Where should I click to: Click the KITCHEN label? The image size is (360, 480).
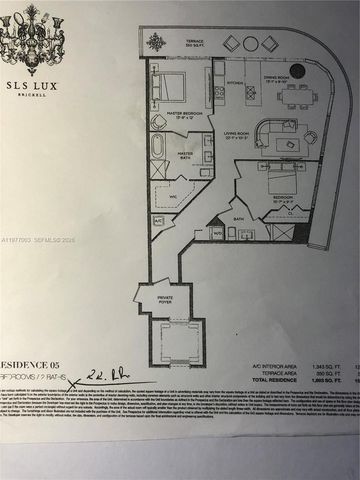pos(237,83)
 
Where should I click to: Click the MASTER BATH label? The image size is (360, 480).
pos(186,153)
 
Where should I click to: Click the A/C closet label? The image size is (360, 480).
pos(158,220)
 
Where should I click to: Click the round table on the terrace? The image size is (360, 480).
pos(157,42)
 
